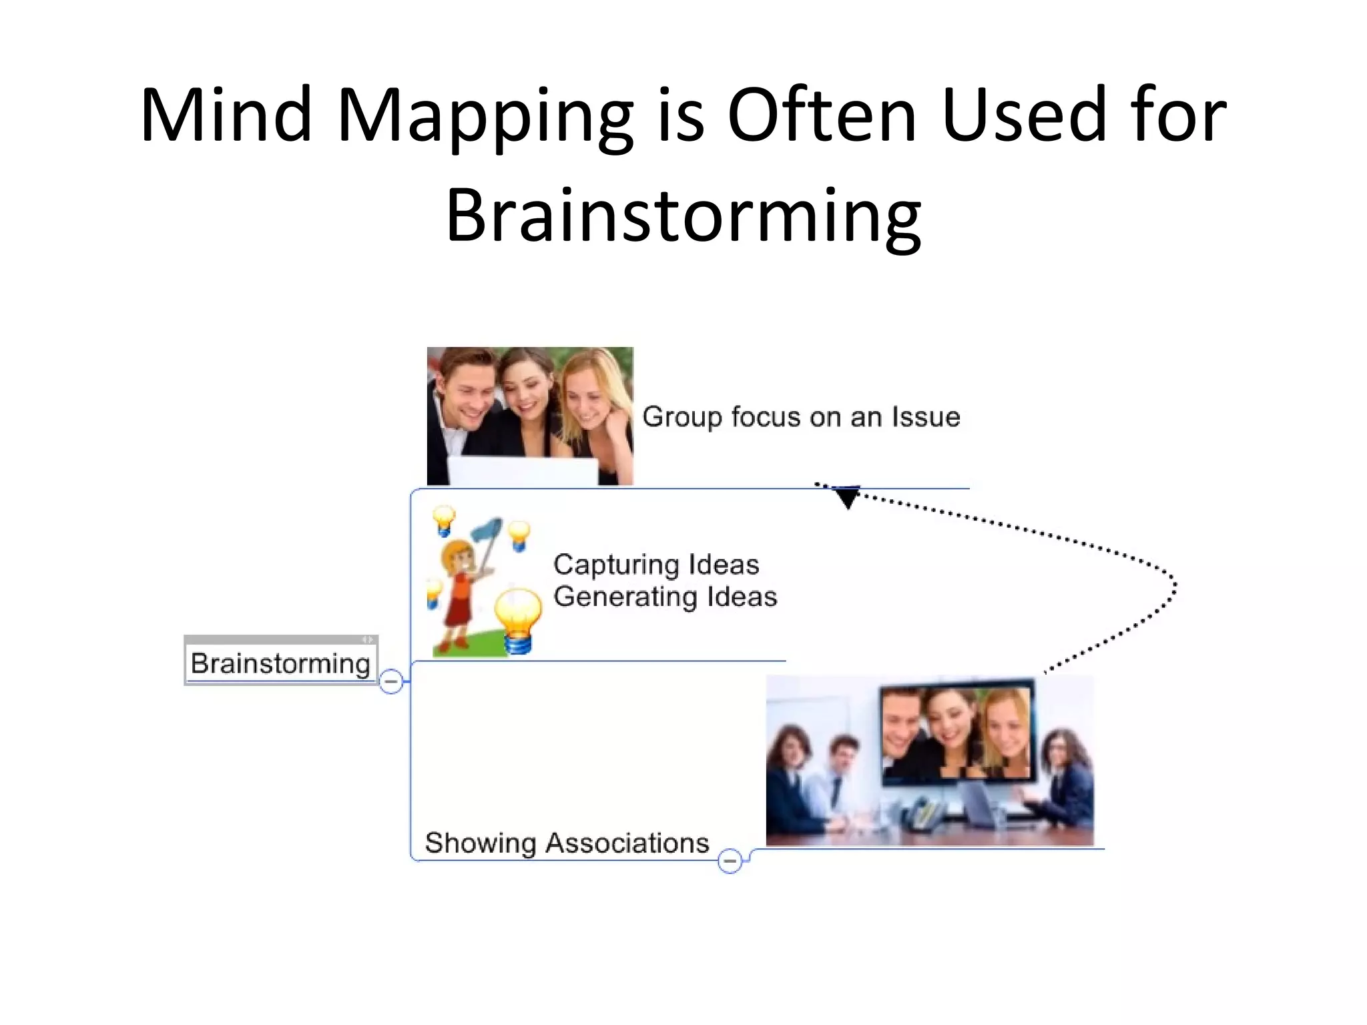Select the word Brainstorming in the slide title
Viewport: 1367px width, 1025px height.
click(x=683, y=215)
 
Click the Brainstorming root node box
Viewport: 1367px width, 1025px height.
click(x=280, y=663)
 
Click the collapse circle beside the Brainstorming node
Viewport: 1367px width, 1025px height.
click(x=391, y=681)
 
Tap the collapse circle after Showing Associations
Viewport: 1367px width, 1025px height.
click(x=730, y=861)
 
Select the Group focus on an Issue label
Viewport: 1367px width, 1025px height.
click(x=801, y=417)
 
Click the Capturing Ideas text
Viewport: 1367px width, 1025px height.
click(x=656, y=565)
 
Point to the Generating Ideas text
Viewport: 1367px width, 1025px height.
click(x=665, y=597)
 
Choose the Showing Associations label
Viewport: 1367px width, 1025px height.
click(x=567, y=843)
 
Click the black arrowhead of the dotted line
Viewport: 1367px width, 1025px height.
click(x=847, y=497)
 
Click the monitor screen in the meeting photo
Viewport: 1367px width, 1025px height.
click(x=956, y=732)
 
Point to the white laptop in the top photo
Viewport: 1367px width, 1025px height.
click(x=523, y=470)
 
